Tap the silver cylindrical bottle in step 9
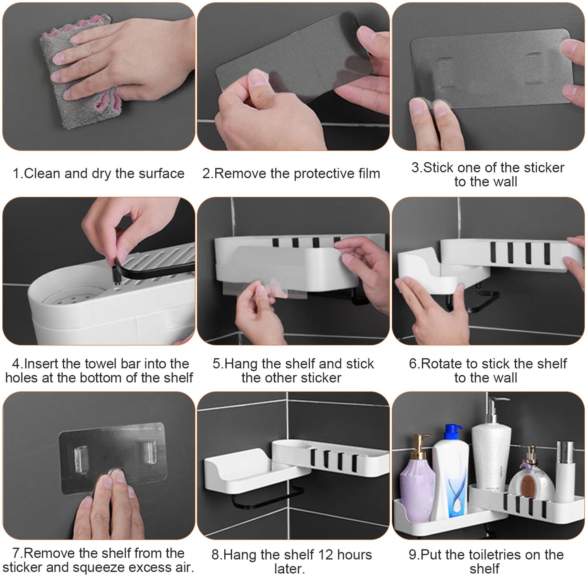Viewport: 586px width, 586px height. click(565, 470)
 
